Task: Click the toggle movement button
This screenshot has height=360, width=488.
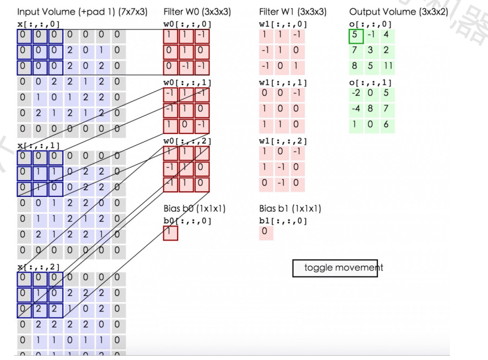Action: tap(335, 268)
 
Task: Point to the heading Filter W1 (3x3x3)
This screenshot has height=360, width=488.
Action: tap(292, 12)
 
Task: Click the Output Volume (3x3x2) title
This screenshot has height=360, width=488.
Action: tap(398, 12)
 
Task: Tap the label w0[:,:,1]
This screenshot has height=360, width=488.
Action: tap(187, 82)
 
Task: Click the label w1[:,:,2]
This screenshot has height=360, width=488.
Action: tap(282, 141)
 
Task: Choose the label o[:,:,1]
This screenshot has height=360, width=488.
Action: tap(370, 82)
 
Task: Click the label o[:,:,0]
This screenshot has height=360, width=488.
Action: tap(370, 25)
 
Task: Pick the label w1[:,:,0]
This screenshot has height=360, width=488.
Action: tap(282, 25)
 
